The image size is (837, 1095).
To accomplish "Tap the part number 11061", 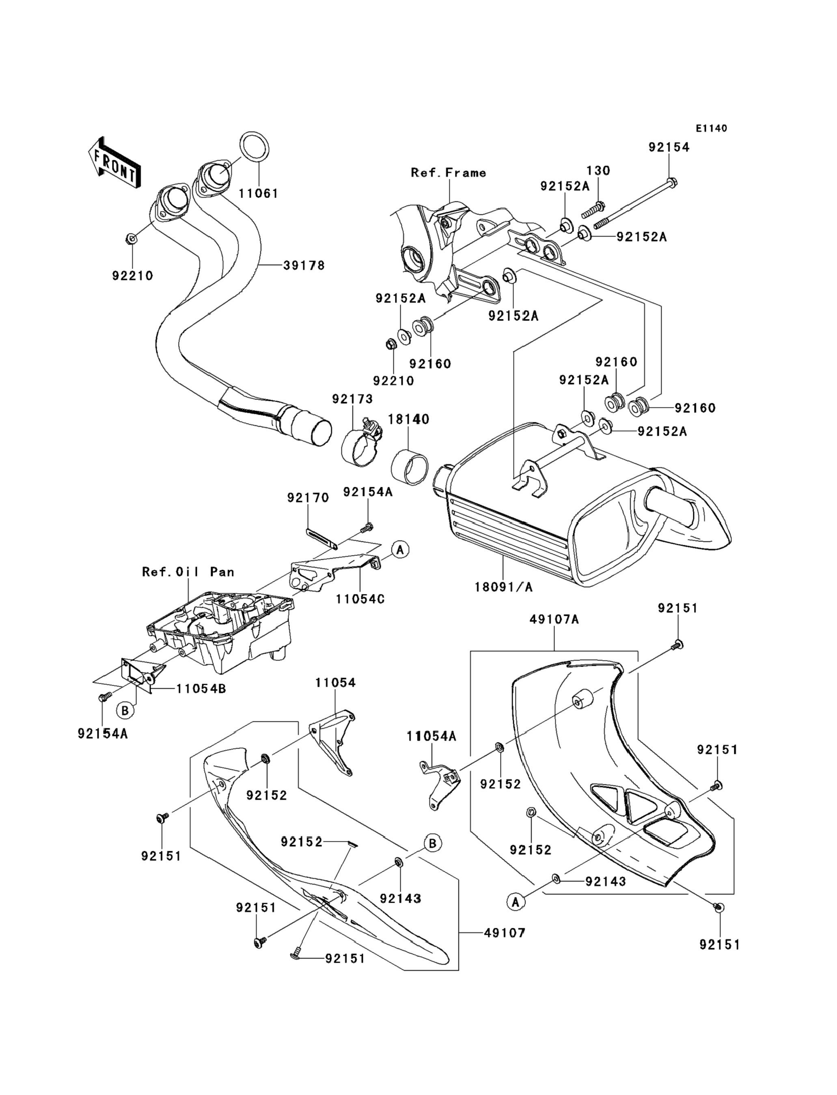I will point(258,194).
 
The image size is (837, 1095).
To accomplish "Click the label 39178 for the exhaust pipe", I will point(304,266).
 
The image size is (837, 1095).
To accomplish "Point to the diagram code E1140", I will point(712,129).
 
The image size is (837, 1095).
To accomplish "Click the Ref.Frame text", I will point(449,173).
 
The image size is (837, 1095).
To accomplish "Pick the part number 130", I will point(598,171).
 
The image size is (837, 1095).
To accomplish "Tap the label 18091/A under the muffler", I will point(503,587).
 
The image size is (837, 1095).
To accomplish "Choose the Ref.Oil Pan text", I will point(188,572).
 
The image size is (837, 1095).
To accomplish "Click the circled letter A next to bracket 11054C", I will point(400,550).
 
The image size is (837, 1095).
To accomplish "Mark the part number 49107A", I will point(554,620).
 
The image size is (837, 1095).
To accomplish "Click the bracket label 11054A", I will point(431,736).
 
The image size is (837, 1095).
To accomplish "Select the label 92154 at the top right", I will point(669,147).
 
